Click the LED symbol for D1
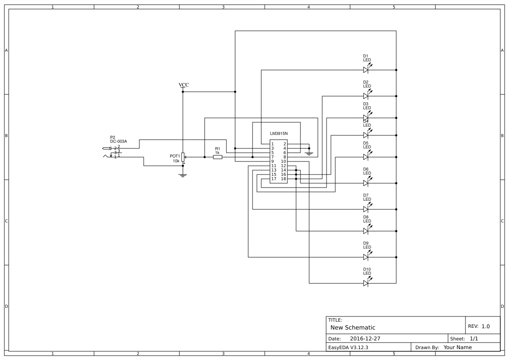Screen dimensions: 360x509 366,70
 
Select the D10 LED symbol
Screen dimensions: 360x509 366,283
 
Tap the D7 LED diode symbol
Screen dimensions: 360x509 366,209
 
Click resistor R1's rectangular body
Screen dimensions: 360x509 218,157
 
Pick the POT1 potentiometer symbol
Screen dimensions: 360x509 183,157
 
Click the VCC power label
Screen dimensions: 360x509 184,84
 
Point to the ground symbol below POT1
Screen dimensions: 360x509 183,175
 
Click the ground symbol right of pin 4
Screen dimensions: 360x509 309,153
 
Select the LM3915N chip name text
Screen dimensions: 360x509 279,133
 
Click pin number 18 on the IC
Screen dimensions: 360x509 283,179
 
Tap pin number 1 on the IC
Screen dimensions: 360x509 273,144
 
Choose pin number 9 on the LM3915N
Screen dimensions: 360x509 273,161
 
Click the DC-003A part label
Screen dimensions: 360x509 118,141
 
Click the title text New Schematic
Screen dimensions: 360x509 353,327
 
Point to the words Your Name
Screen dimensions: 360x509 458,347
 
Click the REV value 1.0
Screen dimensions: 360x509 485,326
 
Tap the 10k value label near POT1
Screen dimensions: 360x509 176,161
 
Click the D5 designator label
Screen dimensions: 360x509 366,143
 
